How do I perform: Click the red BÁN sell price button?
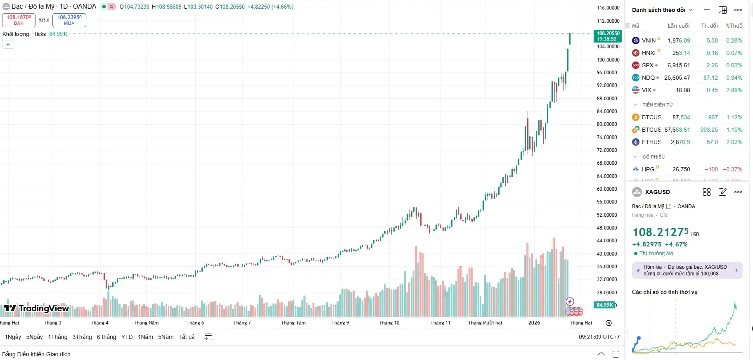pyautogui.click(x=19, y=20)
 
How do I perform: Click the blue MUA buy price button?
pyautogui.click(x=69, y=20)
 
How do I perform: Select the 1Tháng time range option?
pyautogui.click(x=57, y=337)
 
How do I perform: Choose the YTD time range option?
pyautogui.click(x=127, y=337)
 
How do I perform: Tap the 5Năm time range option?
pyautogui.click(x=166, y=337)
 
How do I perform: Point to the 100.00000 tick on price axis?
pyautogui.click(x=608, y=59)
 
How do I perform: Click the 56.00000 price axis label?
pyautogui.click(x=608, y=202)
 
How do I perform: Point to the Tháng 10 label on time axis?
pyautogui.click(x=389, y=323)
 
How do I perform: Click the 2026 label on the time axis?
pyautogui.click(x=534, y=323)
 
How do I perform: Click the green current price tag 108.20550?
pyautogui.click(x=608, y=36)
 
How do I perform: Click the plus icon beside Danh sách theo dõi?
pyautogui.click(x=707, y=10)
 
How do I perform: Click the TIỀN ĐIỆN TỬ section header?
pyautogui.click(x=657, y=105)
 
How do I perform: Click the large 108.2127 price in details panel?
pyautogui.click(x=661, y=232)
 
